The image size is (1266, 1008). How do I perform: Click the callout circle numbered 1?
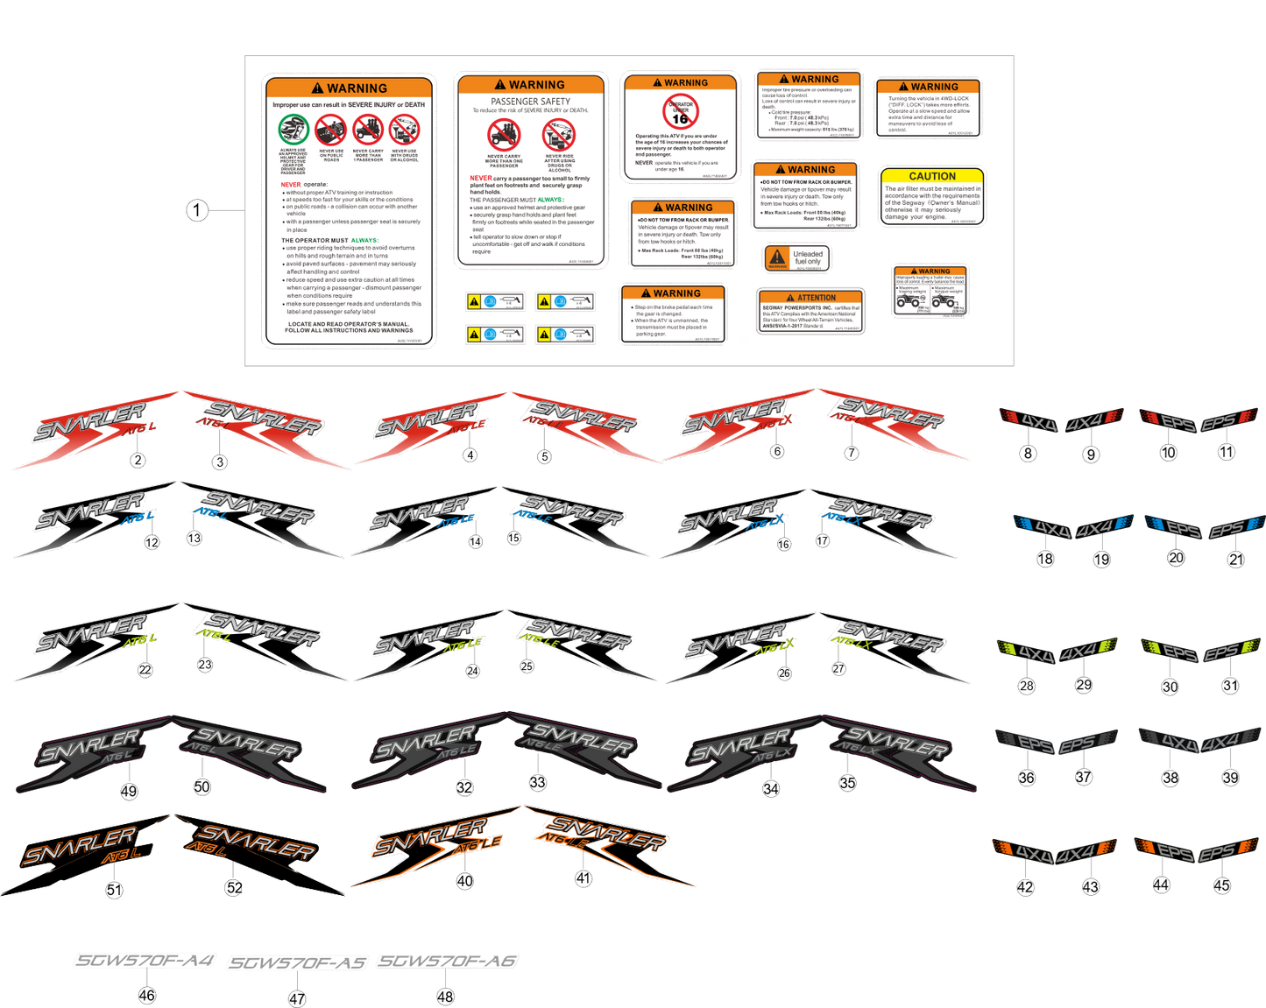tap(197, 210)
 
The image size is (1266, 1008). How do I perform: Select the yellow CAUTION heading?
tap(932, 176)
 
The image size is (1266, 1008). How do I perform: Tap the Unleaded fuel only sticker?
tap(796, 258)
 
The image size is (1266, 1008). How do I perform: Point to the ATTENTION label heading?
tap(810, 298)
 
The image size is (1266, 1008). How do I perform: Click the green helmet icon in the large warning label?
tap(294, 130)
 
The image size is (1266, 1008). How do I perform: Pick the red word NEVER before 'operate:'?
tap(291, 185)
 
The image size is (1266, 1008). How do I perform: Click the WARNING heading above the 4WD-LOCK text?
tap(929, 87)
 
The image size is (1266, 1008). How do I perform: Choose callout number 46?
tap(146, 995)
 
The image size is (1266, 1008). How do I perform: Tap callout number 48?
tap(445, 996)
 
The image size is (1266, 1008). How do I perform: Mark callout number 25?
tap(527, 666)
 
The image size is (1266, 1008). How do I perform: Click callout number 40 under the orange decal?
tap(464, 881)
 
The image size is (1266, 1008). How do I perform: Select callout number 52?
tap(234, 887)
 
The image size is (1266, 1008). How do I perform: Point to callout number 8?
tap(1029, 453)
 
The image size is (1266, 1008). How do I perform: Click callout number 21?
tap(1235, 560)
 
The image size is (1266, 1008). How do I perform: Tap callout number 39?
tap(1231, 778)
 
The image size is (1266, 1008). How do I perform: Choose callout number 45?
tap(1222, 885)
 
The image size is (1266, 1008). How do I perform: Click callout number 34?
tap(771, 788)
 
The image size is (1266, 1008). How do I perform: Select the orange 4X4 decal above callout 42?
tap(1028, 851)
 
